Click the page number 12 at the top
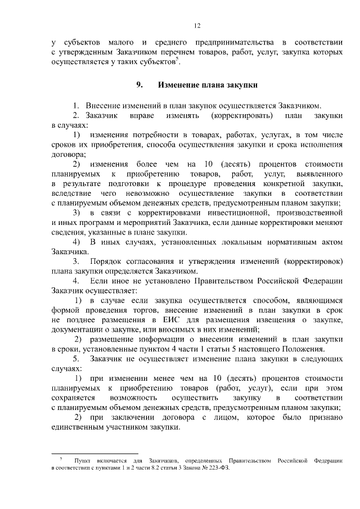pyautogui.click(x=197, y=25)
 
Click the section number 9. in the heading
pyautogui.click(x=139, y=85)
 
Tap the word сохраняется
pyautogui.click(x=74, y=398)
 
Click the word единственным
pyautogui.click(x=79, y=427)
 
